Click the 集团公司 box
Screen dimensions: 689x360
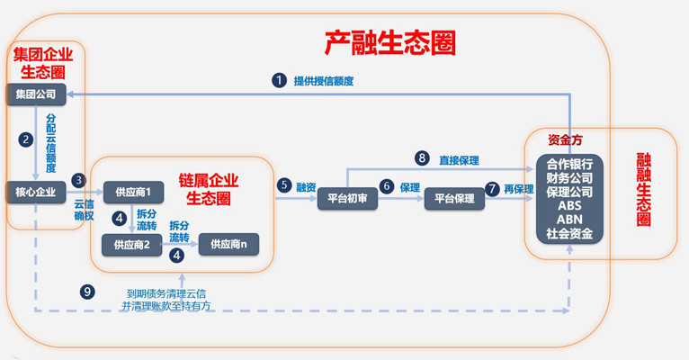pyautogui.click(x=36, y=94)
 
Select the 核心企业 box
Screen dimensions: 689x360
pyautogui.click(x=36, y=192)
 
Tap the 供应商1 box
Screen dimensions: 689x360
pyautogui.click(x=134, y=192)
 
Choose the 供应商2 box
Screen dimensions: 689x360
pyautogui.click(x=132, y=245)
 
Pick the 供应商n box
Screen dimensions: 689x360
pyautogui.click(x=229, y=244)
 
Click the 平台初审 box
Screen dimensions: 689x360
pyautogui.click(x=347, y=199)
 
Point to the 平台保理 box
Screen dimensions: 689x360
pyautogui.click(x=454, y=199)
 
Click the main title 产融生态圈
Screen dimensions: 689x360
pyautogui.click(x=390, y=42)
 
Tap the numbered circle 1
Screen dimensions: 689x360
pyautogui.click(x=279, y=80)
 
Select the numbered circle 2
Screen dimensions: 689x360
pyautogui.click(x=26, y=139)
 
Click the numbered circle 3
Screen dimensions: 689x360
pyautogui.click(x=78, y=180)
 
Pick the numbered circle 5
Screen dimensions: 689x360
pyautogui.click(x=284, y=185)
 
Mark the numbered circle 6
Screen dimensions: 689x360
pyautogui.click(x=387, y=186)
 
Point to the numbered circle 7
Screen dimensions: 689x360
pyautogui.click(x=492, y=190)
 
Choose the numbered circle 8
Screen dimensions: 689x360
pyautogui.click(x=422, y=158)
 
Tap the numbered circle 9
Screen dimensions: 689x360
pyautogui.click(x=87, y=292)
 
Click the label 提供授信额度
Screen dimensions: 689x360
pyautogui.click(x=324, y=81)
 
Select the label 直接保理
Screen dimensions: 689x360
pyautogui.click(x=460, y=160)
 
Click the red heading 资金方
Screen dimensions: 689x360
pyautogui.click(x=565, y=140)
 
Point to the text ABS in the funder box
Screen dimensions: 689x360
pyautogui.click(x=570, y=206)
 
